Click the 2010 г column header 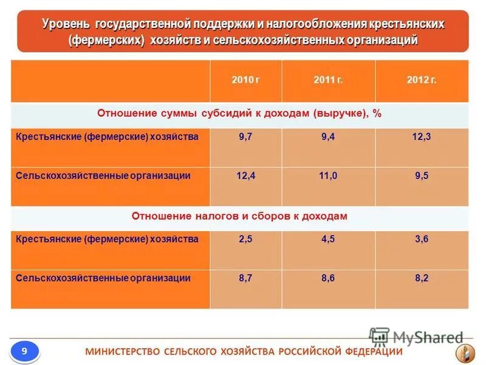(245, 80)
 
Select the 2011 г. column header (328, 80)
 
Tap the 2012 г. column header (422, 80)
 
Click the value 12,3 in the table (422, 137)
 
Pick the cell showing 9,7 (245, 137)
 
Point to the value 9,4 (328, 137)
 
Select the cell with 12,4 (245, 176)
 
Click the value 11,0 (328, 176)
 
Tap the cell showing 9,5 (422, 176)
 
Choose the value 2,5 (245, 240)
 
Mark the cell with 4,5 (328, 240)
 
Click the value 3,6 (422, 240)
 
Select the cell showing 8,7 (245, 278)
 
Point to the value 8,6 (328, 278)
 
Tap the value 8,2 (422, 278)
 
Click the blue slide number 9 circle (24, 351)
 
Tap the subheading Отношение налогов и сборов (239, 217)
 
